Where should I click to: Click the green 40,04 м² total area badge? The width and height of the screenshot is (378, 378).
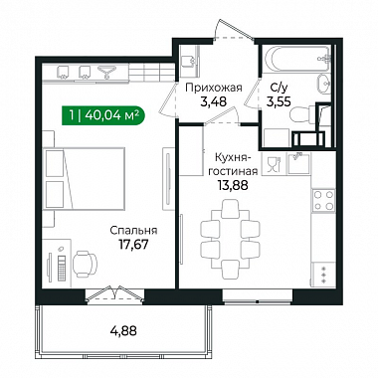tap(103, 115)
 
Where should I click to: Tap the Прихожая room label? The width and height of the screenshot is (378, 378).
tap(214, 88)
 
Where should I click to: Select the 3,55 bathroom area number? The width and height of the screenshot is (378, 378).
tap(279, 101)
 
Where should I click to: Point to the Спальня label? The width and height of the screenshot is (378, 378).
tap(133, 231)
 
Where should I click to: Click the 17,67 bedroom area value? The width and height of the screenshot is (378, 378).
tap(133, 245)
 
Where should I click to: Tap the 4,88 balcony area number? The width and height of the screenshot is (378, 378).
tap(123, 331)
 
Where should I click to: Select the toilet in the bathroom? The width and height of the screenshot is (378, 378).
tap(302, 114)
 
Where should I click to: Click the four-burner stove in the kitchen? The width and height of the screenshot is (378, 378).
tap(323, 201)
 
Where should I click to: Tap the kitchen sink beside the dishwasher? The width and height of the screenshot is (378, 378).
tap(298, 163)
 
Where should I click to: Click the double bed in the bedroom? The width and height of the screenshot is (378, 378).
tap(85, 179)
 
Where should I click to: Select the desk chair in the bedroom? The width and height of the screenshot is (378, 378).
tap(86, 264)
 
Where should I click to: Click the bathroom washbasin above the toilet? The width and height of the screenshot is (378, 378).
tap(323, 84)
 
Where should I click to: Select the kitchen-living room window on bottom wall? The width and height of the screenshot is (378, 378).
tap(258, 296)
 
